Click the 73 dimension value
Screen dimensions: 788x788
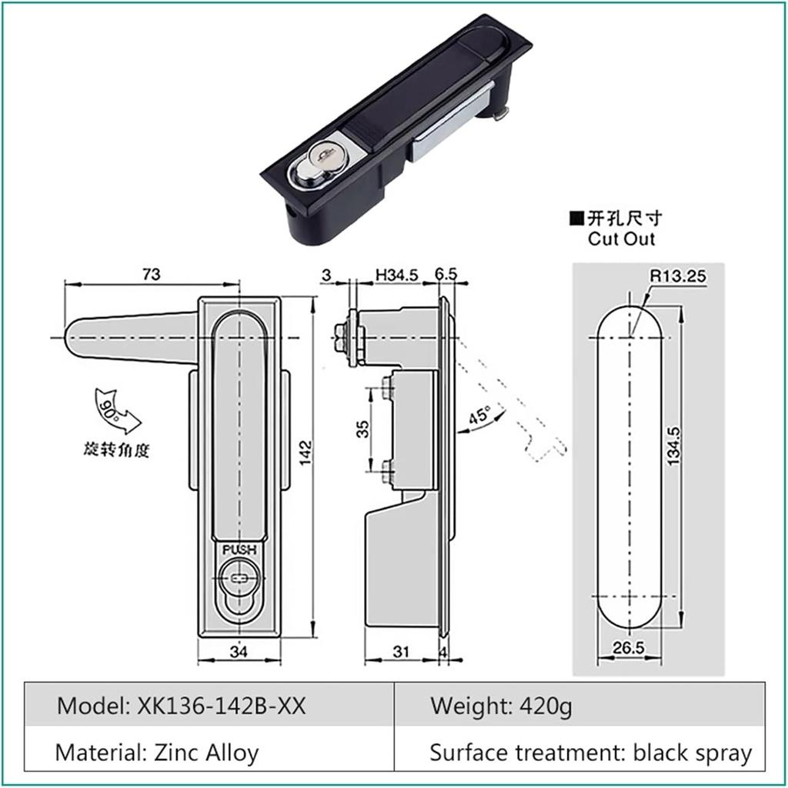tap(152, 273)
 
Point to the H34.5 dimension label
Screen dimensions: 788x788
tap(396, 274)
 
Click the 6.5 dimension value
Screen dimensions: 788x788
tap(446, 274)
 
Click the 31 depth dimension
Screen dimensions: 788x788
tap(400, 653)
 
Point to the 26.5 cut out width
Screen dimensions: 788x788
tap(628, 647)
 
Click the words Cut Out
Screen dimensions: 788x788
tap(621, 239)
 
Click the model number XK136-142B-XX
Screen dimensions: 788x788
tap(223, 705)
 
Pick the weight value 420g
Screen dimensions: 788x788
tap(546, 705)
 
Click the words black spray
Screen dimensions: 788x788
tap(692, 752)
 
